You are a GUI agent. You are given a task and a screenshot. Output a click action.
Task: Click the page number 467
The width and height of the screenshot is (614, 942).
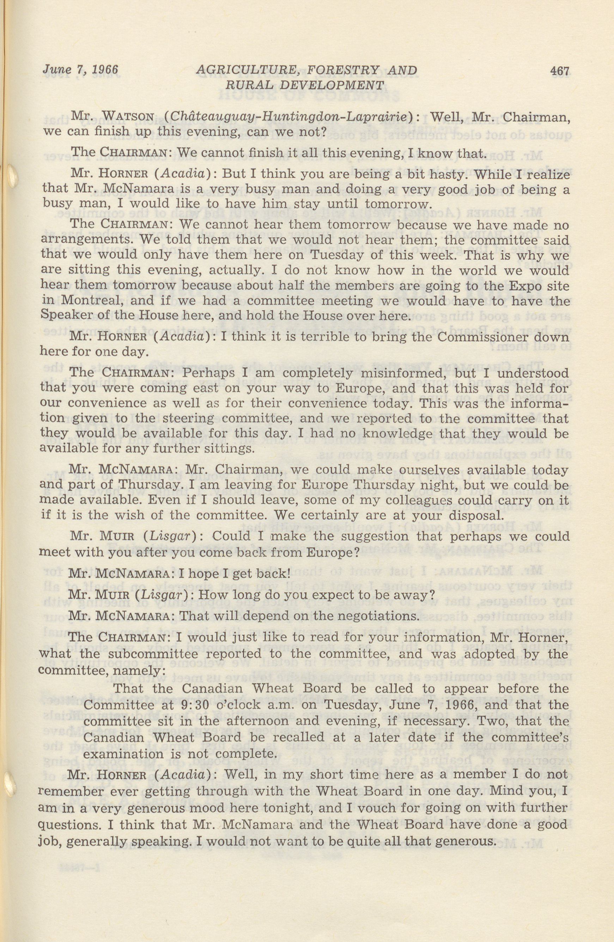(x=559, y=71)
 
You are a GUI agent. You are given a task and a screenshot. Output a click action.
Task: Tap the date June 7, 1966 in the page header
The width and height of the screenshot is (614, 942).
(x=80, y=70)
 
